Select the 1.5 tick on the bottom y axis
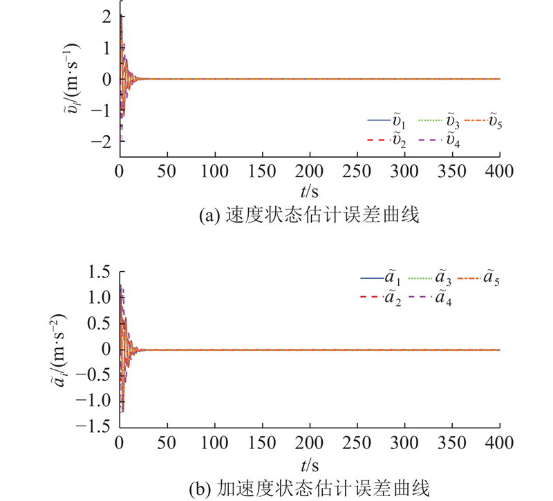click(x=98, y=272)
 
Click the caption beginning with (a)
click(x=310, y=216)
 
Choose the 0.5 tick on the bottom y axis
click(x=98, y=323)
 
